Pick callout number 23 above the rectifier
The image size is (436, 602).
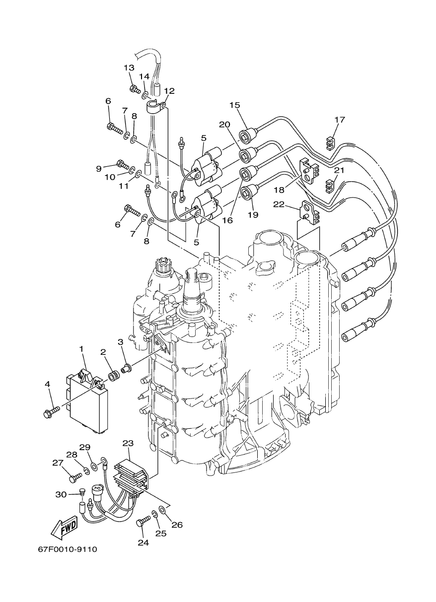(x=128, y=443)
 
